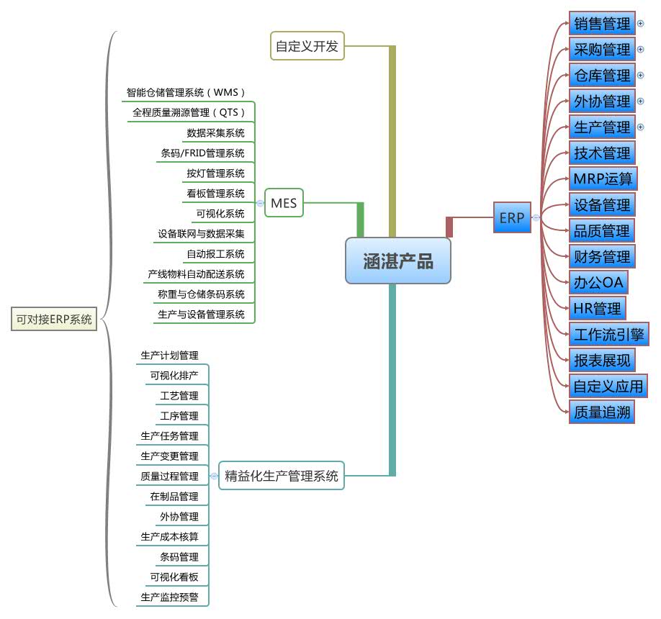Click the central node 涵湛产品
click(398, 261)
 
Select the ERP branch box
click(512, 217)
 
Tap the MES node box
click(284, 204)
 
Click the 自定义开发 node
click(307, 47)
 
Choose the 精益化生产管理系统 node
click(282, 476)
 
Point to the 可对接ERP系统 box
click(55, 320)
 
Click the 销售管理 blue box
click(602, 24)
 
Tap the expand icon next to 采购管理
click(641, 50)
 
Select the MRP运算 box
click(602, 179)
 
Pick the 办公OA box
click(598, 282)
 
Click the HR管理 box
click(597, 308)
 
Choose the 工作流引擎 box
click(608, 334)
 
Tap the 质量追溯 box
click(602, 412)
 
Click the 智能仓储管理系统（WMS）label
click(186, 93)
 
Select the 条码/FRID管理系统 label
click(202, 153)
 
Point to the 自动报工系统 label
click(215, 254)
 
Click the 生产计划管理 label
click(169, 356)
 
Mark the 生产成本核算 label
click(169, 537)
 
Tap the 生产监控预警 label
click(169, 597)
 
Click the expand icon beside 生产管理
click(641, 127)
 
